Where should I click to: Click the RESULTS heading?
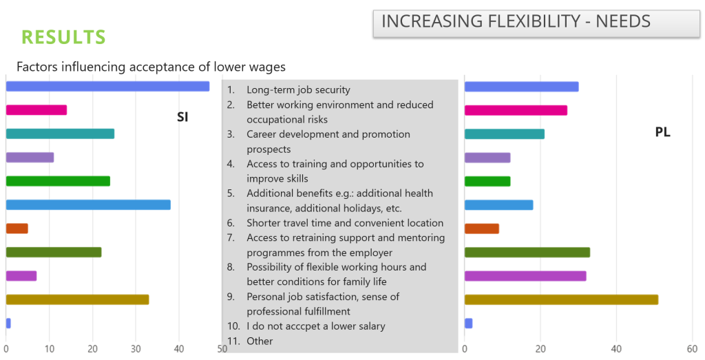63,36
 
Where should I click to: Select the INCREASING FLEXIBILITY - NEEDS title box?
536,23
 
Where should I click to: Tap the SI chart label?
182,117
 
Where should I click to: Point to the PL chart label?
662,132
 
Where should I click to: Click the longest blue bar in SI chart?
107,86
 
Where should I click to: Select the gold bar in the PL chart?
561,299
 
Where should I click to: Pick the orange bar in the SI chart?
17,229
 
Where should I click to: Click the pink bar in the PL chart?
516,110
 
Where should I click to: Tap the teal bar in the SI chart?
60,134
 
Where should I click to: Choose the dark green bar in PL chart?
527,252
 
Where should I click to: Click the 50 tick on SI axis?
222,348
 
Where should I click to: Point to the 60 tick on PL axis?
693,348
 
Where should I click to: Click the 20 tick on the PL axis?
540,348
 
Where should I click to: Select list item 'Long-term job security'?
298,89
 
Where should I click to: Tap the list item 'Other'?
260,341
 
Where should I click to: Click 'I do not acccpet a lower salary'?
315,326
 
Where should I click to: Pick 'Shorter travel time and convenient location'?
344,223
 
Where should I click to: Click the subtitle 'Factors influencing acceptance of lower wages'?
151,67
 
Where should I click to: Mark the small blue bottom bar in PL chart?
468,323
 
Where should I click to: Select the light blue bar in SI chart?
88,204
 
